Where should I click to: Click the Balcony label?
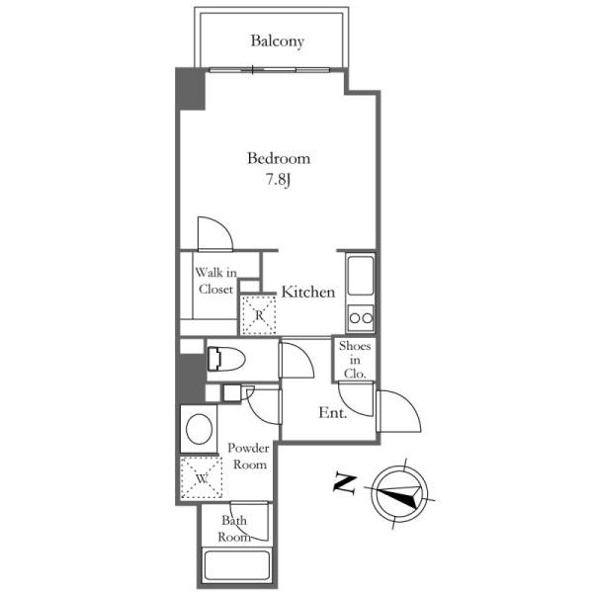[277, 42]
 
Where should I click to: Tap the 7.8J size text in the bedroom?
[279, 180]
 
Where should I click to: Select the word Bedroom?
[279, 158]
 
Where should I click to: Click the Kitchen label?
[308, 292]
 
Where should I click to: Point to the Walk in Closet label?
[215, 281]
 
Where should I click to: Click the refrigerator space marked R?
[259, 315]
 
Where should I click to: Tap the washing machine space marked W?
[202, 478]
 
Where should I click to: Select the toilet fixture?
[226, 359]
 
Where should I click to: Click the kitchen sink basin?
[361, 276]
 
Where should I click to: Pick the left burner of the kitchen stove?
[355, 318]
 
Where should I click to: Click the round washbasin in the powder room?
[199, 429]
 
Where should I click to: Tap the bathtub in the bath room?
[236, 566]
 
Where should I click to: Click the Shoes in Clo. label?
[355, 360]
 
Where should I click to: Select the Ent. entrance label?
[333, 412]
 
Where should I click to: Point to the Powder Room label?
[248, 456]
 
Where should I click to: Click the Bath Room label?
[234, 529]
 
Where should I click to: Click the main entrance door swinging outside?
[399, 412]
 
